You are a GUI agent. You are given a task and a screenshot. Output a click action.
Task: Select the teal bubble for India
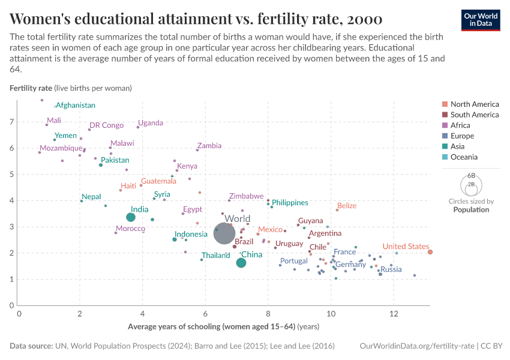[x=131, y=217]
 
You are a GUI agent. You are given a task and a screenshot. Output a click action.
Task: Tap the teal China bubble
[x=241, y=263]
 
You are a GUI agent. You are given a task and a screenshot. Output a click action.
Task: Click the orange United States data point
[x=430, y=252]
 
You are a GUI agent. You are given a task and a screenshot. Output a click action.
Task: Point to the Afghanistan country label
[x=76, y=106]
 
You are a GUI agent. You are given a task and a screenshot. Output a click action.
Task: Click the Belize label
[x=347, y=206]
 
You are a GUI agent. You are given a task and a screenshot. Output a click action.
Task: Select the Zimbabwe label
[x=246, y=196]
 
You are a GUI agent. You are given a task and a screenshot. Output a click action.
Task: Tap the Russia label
[x=391, y=269]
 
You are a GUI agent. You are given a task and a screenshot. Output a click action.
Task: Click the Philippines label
[x=290, y=203]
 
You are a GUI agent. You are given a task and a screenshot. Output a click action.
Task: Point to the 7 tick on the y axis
[x=11, y=122]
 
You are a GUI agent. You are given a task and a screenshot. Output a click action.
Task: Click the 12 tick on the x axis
[x=393, y=314]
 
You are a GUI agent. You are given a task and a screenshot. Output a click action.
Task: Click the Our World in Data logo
[x=481, y=20]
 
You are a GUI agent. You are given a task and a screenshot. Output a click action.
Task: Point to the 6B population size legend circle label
[x=471, y=176]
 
